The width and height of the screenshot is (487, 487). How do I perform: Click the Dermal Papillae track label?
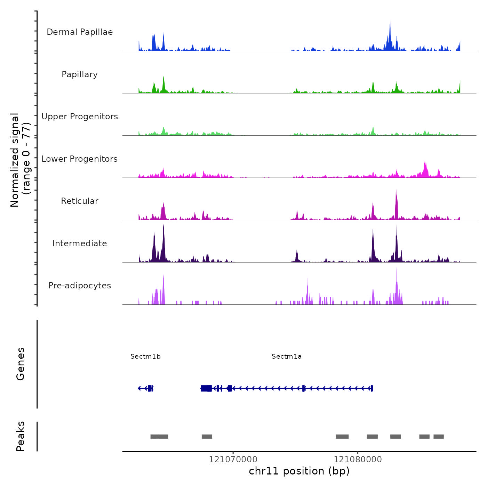80,32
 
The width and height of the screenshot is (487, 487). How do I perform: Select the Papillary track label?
80,74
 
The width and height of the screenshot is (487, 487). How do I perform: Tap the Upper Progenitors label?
80,117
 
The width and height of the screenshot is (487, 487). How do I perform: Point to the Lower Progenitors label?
80,159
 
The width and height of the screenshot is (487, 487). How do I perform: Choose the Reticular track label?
80,201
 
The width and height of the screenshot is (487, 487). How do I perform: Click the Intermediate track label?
80,243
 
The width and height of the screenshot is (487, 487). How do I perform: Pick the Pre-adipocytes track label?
80,286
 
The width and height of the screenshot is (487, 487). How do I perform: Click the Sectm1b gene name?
145,357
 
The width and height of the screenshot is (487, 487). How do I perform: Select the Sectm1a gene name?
287,357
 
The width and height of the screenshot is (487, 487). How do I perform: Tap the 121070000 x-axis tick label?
233,460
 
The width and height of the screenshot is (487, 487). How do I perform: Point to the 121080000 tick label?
358,460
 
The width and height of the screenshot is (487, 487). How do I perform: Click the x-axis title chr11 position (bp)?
299,471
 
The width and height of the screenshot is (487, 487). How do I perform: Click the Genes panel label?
21,364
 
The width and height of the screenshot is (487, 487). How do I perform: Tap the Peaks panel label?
21,436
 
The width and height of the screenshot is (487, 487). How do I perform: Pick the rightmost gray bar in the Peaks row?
439,437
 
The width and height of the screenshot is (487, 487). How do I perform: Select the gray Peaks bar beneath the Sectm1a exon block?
207,437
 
